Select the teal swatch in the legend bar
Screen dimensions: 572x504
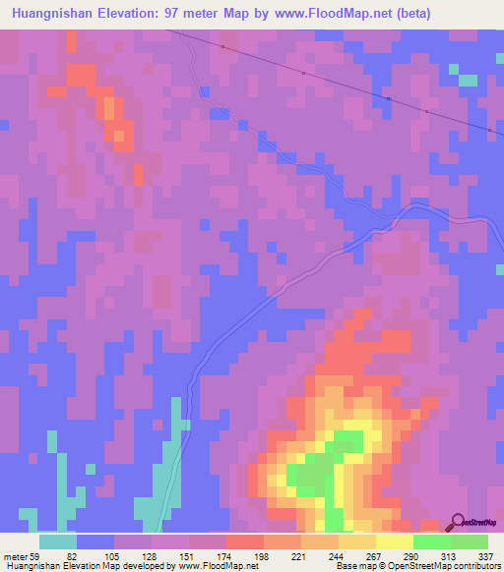pyautogui.click(x=58, y=542)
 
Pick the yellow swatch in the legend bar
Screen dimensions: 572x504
pyautogui.click(x=394, y=542)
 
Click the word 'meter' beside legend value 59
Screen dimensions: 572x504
pyautogui.click(x=16, y=556)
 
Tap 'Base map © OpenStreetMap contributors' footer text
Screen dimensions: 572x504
pyautogui.click(x=416, y=566)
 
